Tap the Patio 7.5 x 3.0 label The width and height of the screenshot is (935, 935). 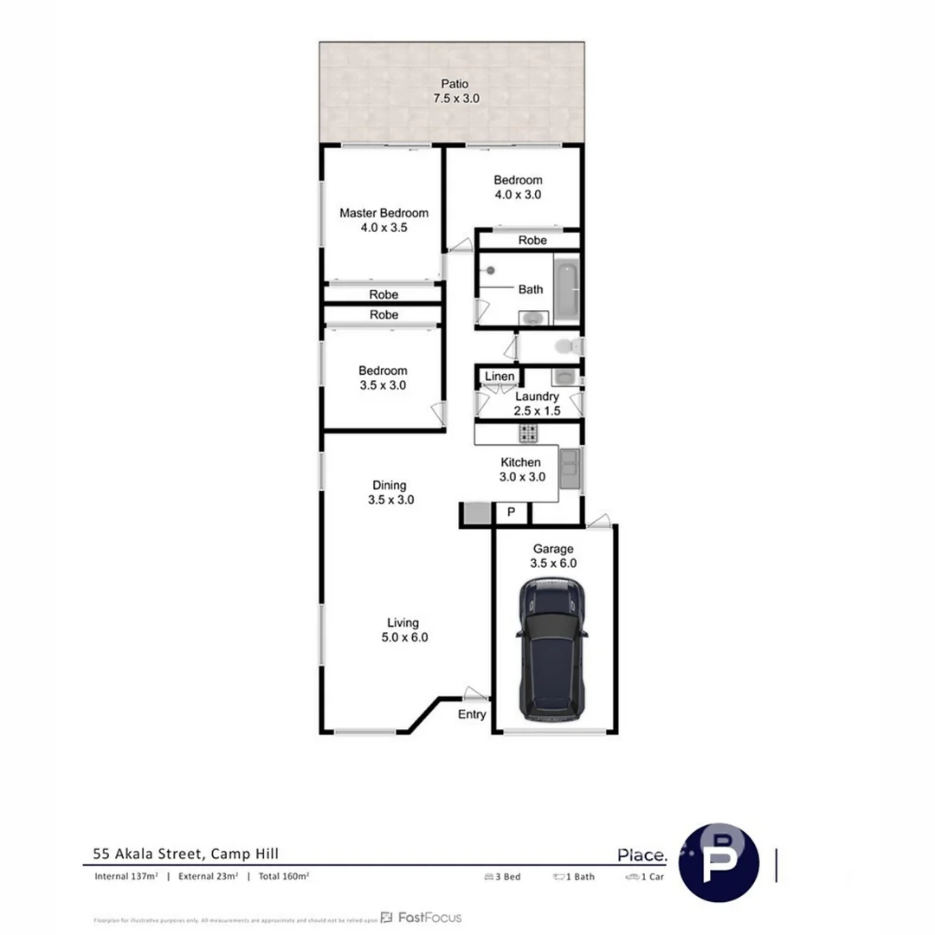455,91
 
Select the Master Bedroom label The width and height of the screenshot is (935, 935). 384,220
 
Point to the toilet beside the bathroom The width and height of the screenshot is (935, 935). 567,347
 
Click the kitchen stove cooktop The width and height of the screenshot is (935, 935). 528,434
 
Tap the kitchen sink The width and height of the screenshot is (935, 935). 571,470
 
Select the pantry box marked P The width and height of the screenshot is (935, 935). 511,513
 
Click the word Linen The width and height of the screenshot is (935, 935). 500,377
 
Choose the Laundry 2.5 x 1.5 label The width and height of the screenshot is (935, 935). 538,403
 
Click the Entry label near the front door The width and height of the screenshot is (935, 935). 472,714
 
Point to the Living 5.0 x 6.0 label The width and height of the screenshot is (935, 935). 403,629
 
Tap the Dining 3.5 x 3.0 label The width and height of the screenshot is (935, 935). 389,493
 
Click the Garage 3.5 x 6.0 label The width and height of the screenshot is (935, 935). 553,555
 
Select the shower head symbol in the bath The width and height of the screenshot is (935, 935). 491,270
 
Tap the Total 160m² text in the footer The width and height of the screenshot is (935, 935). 284,876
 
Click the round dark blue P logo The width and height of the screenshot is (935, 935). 719,862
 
